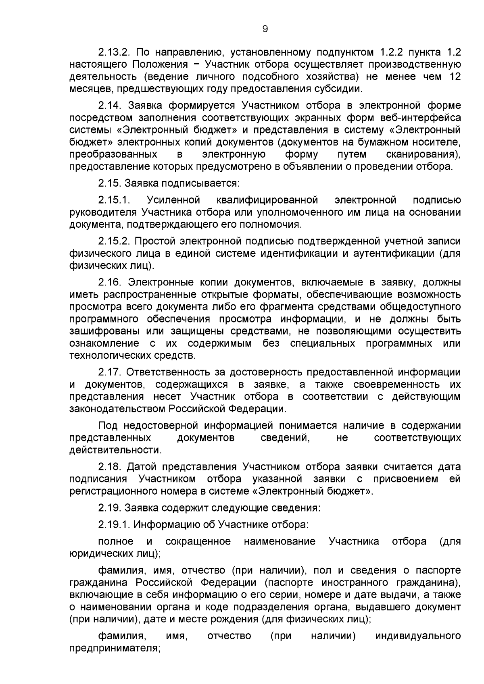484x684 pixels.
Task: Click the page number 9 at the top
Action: (265, 29)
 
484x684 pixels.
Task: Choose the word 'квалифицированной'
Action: (267, 200)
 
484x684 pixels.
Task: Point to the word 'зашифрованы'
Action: (100, 331)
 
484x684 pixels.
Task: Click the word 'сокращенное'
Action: (198, 541)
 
